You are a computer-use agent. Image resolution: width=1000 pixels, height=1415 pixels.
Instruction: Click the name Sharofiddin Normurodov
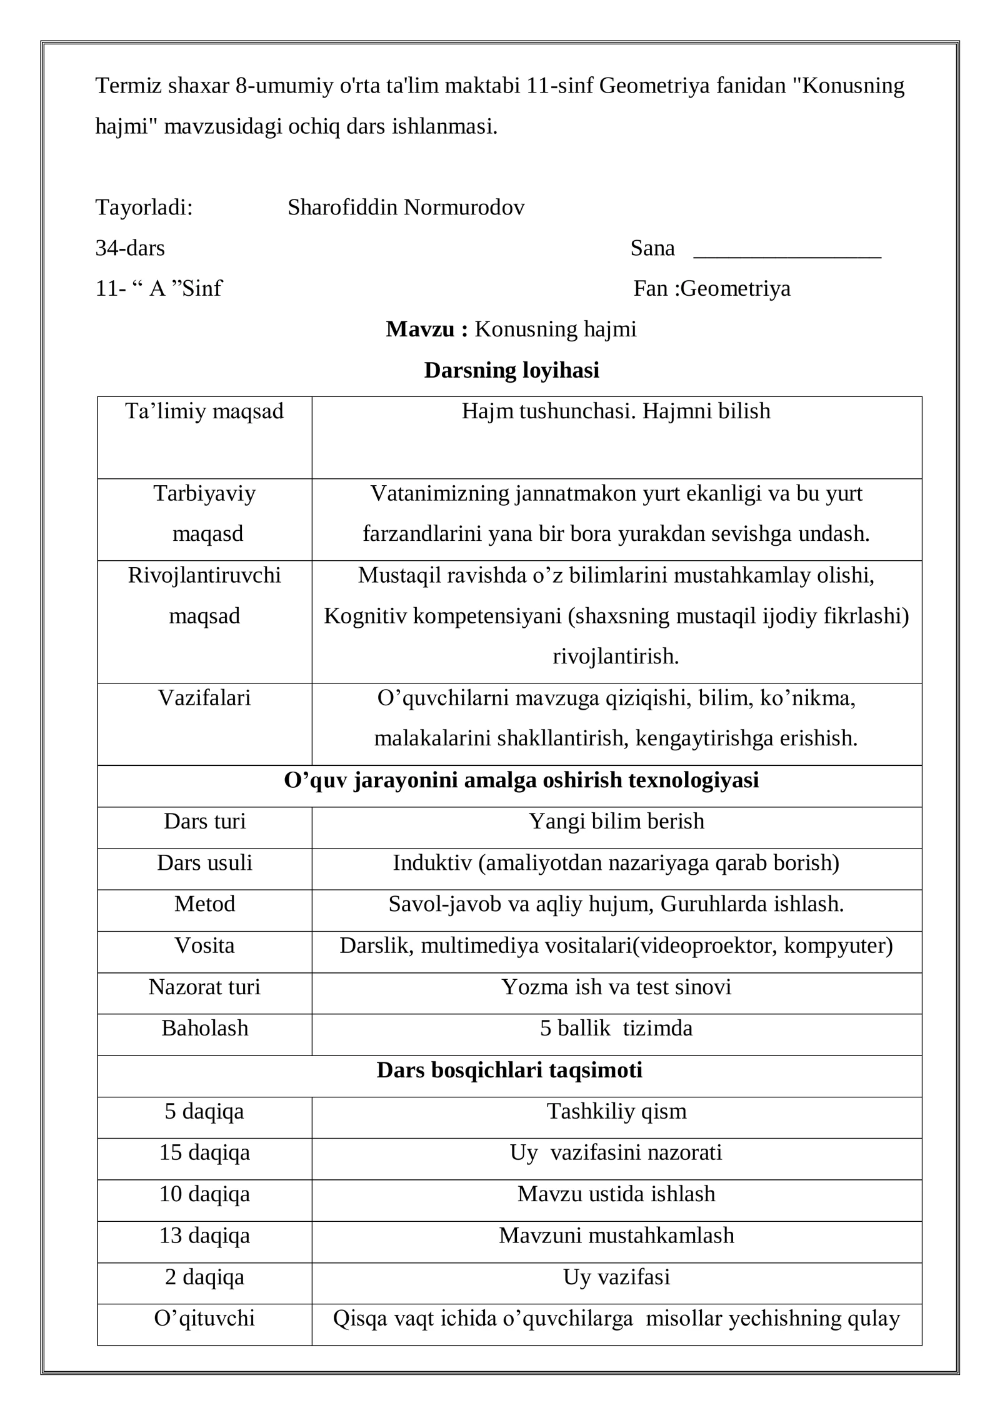coord(406,208)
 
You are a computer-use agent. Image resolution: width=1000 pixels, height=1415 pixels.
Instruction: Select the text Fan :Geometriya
coord(712,288)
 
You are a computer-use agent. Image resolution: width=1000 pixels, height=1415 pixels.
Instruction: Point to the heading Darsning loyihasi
coord(511,370)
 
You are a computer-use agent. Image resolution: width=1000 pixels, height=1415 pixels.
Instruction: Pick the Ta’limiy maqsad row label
coord(204,411)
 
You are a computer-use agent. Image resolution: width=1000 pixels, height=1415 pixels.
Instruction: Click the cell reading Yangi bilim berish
coord(616,821)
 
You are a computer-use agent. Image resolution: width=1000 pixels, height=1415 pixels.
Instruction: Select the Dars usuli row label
coord(204,863)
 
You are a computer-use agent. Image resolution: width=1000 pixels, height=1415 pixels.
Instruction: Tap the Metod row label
coord(204,904)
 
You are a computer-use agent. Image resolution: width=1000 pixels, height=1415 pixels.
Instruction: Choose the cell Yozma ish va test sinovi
coord(616,987)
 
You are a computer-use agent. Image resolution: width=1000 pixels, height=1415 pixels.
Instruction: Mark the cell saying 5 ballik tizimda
coord(616,1028)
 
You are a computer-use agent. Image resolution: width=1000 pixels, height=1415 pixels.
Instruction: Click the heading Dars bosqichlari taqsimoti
coord(509,1070)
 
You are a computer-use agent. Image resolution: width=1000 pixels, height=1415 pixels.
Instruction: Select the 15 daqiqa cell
coord(204,1152)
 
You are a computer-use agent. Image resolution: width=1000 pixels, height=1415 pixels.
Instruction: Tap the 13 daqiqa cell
coord(204,1236)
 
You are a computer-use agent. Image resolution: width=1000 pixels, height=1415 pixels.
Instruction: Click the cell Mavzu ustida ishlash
coord(616,1194)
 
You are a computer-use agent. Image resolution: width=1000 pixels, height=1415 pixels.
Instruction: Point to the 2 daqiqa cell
coord(204,1277)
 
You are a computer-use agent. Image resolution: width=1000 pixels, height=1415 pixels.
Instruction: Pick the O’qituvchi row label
coord(204,1318)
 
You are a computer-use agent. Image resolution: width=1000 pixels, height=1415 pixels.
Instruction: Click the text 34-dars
coord(130,248)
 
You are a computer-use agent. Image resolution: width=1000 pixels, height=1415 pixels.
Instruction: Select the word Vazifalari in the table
coord(204,698)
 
